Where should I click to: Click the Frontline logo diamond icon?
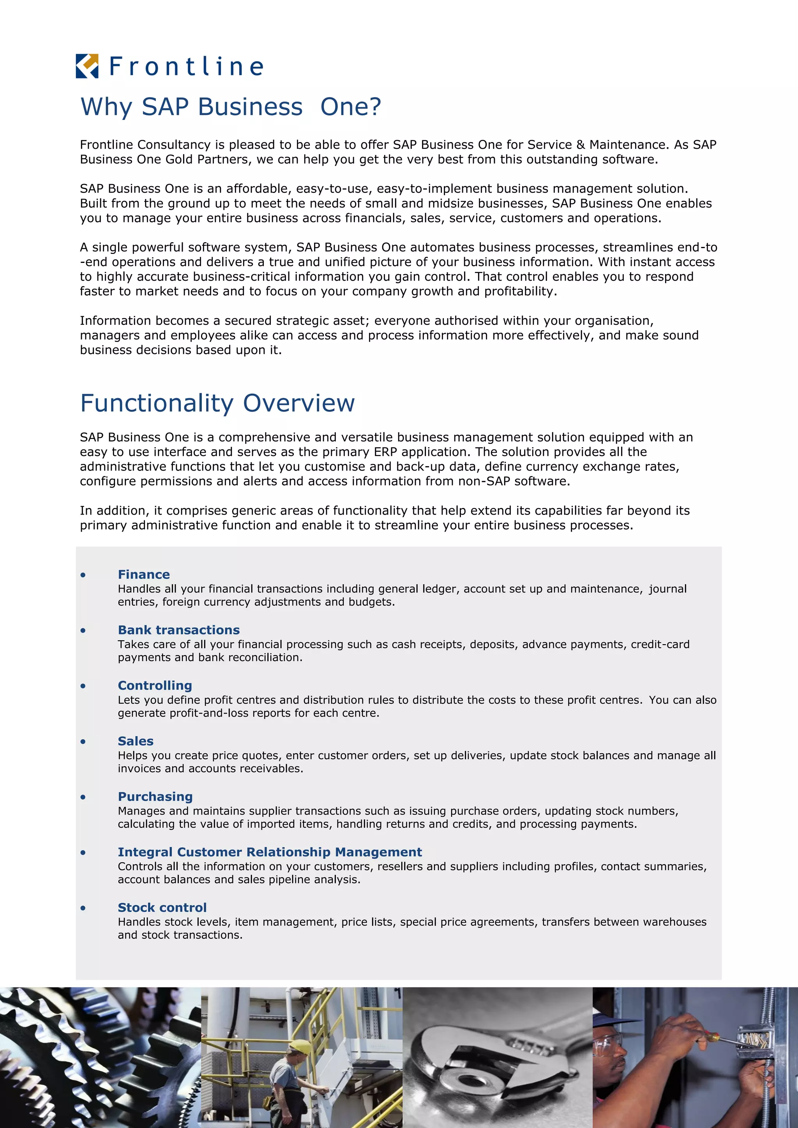(x=87, y=66)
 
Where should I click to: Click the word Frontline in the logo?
(x=186, y=66)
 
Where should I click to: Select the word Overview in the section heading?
(x=299, y=403)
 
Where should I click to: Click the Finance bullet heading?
(x=143, y=574)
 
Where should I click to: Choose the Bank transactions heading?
(x=178, y=630)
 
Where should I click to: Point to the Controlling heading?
(x=155, y=686)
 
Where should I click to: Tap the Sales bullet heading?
(x=136, y=741)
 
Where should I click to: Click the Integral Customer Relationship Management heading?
(x=270, y=852)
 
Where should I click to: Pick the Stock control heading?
(x=162, y=908)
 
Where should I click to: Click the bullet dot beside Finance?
(x=83, y=575)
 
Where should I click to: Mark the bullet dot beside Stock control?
(x=83, y=908)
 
